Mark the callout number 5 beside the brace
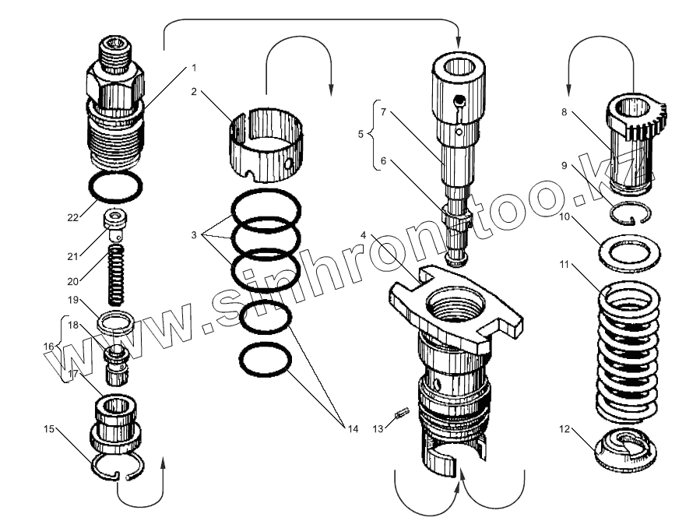click(360, 134)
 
